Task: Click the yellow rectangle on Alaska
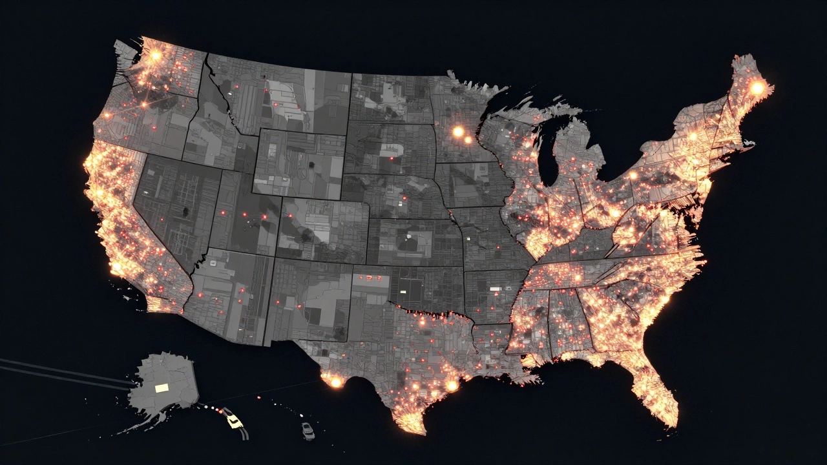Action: (x=162, y=387)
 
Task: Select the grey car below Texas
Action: (x=308, y=429)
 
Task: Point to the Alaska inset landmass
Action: (x=165, y=384)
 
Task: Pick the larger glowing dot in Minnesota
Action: (x=458, y=132)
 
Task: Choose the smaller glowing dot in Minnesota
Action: (x=468, y=139)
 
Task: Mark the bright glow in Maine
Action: (x=757, y=87)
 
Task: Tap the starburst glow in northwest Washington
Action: (x=155, y=56)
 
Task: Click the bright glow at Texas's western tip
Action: (x=335, y=382)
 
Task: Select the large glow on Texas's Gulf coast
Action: (x=452, y=386)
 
